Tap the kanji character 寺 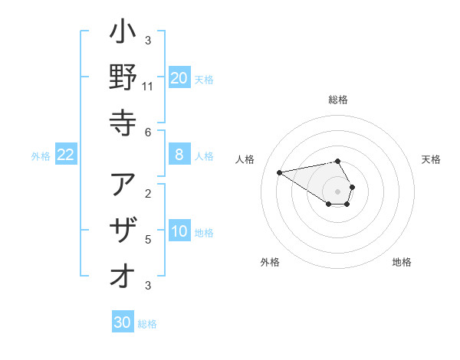[x=123, y=121]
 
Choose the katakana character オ [x=123, y=274]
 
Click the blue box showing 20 [x=179, y=77]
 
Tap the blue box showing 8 [x=179, y=155]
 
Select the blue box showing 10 [x=179, y=232]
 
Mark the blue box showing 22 [x=66, y=155]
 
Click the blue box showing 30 [x=123, y=323]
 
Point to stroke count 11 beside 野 [x=148, y=87]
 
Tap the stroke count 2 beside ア [x=148, y=193]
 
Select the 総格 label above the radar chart [x=338, y=100]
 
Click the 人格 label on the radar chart [x=246, y=159]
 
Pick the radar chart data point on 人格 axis [x=280, y=172]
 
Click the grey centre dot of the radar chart [x=337, y=191]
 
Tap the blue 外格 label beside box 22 [x=41, y=156]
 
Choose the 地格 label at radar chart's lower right [x=402, y=262]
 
